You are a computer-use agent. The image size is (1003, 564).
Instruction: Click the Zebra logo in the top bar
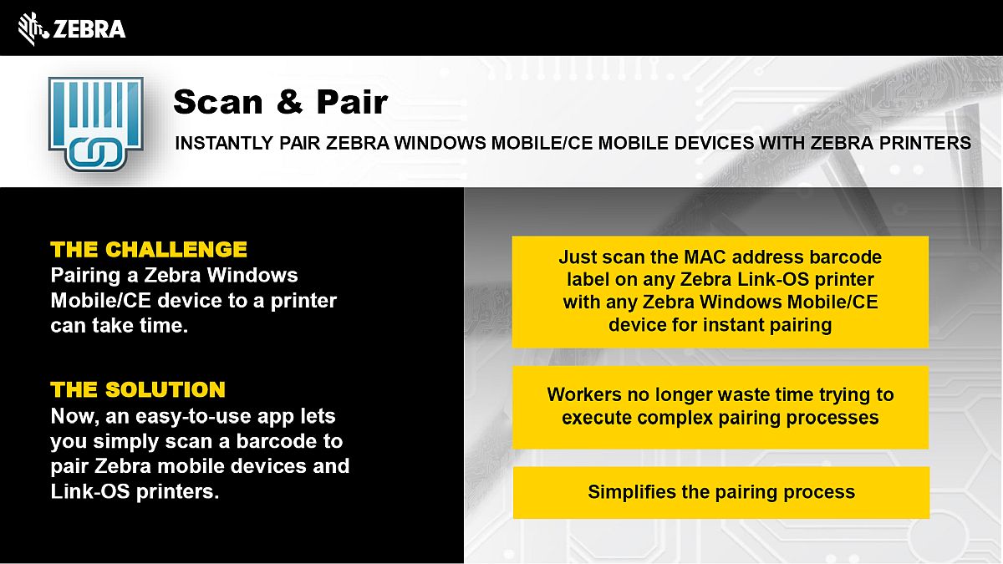[x=72, y=28]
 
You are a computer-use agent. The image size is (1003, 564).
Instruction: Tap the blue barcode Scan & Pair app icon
[x=96, y=124]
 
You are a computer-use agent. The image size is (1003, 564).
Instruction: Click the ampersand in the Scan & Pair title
[x=290, y=102]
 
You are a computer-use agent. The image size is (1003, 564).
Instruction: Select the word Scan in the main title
[x=218, y=102]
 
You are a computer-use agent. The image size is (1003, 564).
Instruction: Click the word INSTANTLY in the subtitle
[x=224, y=143]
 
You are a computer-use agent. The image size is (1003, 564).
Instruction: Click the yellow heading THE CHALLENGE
[x=149, y=249]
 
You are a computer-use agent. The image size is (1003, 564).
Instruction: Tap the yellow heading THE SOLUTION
[x=138, y=389]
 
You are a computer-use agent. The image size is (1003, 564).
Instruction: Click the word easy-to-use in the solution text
[x=191, y=417]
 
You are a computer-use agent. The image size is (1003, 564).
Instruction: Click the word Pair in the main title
[x=353, y=102]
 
